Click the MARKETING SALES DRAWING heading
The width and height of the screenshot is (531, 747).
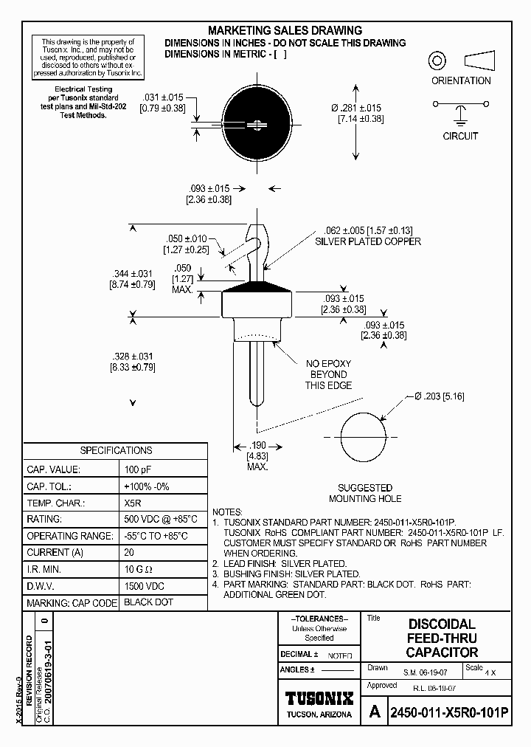pyautogui.click(x=285, y=30)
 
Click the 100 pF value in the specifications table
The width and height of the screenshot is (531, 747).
pyautogui.click(x=136, y=469)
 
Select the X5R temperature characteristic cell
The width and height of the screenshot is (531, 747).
pyautogui.click(x=133, y=503)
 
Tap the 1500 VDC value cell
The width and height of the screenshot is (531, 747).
pyautogui.click(x=144, y=586)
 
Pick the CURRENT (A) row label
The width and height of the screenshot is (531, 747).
pyautogui.click(x=55, y=552)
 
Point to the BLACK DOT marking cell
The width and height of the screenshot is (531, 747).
pyautogui.click(x=148, y=602)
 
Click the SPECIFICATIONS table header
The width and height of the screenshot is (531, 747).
pyautogui.click(x=116, y=450)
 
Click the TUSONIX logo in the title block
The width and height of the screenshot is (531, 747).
pyautogui.click(x=319, y=698)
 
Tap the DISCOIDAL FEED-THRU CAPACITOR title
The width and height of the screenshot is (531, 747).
pyautogui.click(x=442, y=638)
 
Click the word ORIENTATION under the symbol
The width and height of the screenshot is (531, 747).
pyautogui.click(x=461, y=80)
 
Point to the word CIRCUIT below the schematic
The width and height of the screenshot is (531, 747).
pyautogui.click(x=460, y=136)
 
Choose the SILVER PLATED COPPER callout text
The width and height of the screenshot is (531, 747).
pyautogui.click(x=368, y=241)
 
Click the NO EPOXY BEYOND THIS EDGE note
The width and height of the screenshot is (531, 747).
pyautogui.click(x=329, y=374)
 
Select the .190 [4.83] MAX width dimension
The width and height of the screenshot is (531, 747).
pyautogui.click(x=257, y=455)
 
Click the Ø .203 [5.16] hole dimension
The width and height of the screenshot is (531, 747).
pyautogui.click(x=440, y=396)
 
